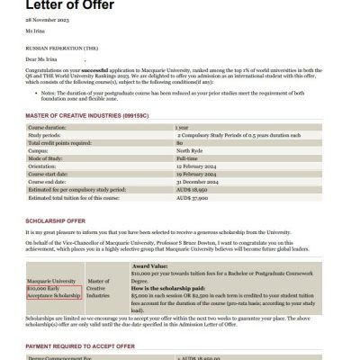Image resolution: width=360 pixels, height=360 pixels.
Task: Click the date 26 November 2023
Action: (x=46, y=22)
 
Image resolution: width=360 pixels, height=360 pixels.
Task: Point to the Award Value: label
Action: (x=151, y=266)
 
